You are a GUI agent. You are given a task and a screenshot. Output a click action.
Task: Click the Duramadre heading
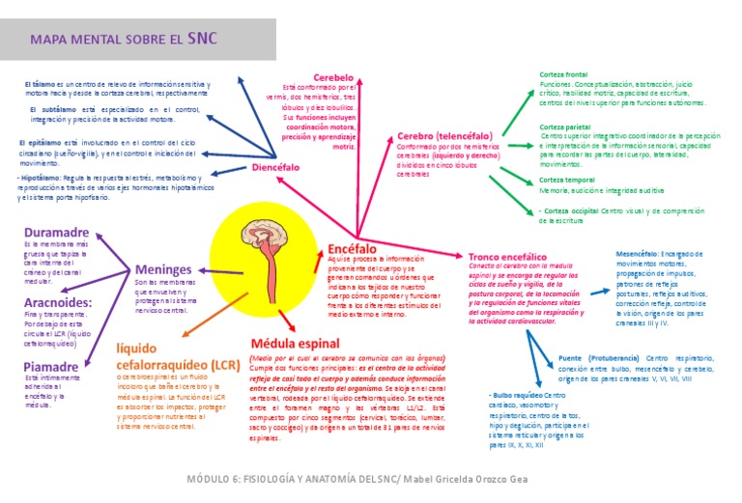click(57, 233)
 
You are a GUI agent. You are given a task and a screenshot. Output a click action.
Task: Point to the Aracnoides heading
click(57, 302)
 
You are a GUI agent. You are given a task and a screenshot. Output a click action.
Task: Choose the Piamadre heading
click(51, 366)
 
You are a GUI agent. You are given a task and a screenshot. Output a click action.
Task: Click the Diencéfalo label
click(275, 167)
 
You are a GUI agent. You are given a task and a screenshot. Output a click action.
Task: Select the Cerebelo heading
click(332, 76)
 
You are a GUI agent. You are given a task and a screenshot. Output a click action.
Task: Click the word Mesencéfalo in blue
click(637, 253)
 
